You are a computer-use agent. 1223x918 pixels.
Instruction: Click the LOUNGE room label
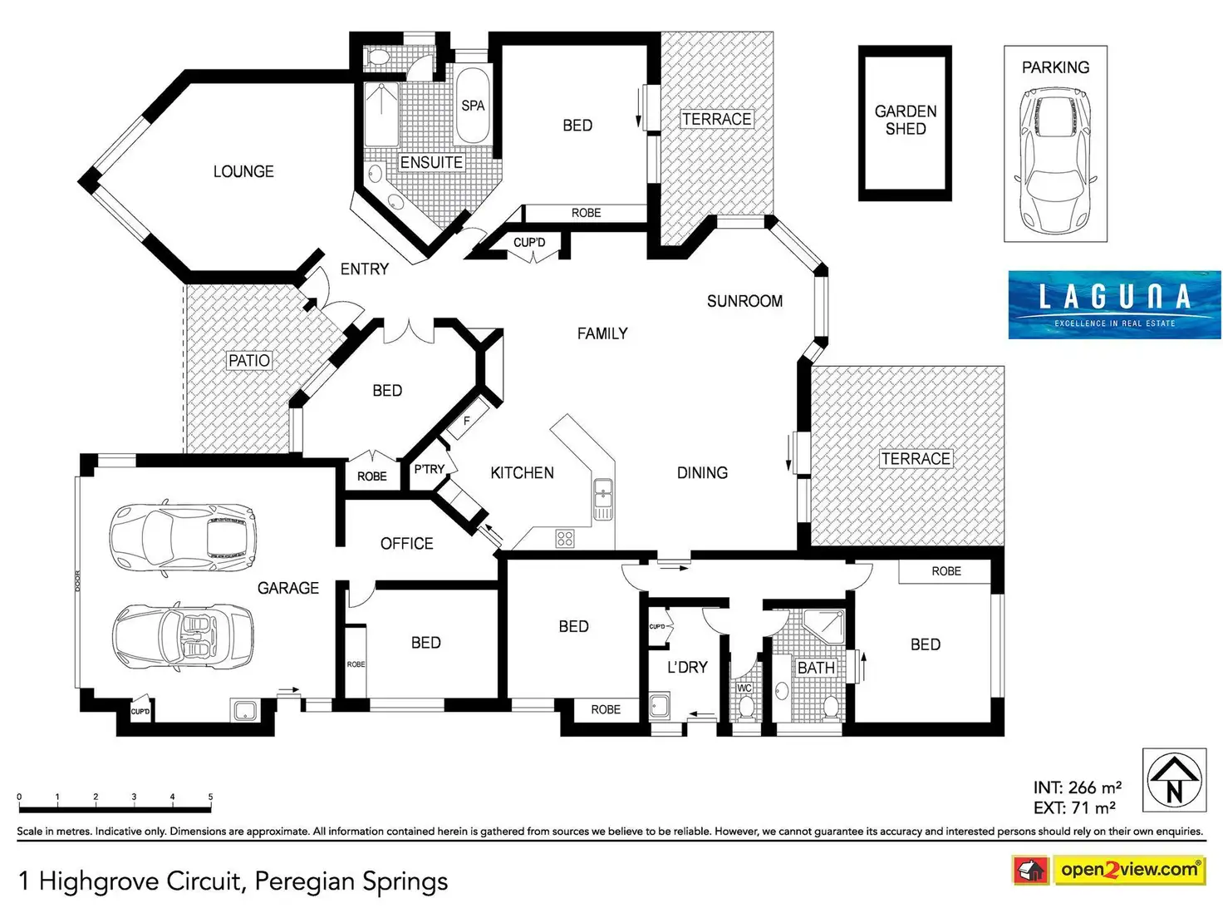tap(243, 171)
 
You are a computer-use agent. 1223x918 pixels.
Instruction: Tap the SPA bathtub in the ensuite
tap(473, 105)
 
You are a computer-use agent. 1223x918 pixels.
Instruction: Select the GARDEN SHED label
tap(906, 120)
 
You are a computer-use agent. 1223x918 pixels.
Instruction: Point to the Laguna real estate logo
tap(1114, 304)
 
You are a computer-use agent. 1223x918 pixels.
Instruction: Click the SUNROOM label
tap(744, 301)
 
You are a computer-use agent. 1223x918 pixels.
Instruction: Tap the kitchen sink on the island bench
tap(603, 499)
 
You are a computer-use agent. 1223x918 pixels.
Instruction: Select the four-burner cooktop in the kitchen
tap(565, 538)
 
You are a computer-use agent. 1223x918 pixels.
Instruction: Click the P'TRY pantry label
tap(430, 469)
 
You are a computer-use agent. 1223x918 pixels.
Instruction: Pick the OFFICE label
tap(406, 544)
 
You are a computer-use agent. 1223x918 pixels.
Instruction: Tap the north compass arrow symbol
tap(1174, 780)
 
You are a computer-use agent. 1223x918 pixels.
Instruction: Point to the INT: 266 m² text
tap(1077, 787)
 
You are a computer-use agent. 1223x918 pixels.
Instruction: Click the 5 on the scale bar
tap(210, 797)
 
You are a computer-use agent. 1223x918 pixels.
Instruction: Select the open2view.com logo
tap(1109, 870)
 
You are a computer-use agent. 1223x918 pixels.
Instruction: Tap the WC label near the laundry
tap(744, 688)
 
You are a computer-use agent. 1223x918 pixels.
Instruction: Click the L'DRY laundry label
tap(687, 667)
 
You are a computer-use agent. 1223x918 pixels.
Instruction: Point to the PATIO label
tap(249, 360)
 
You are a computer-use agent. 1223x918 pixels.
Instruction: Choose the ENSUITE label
tap(431, 162)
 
